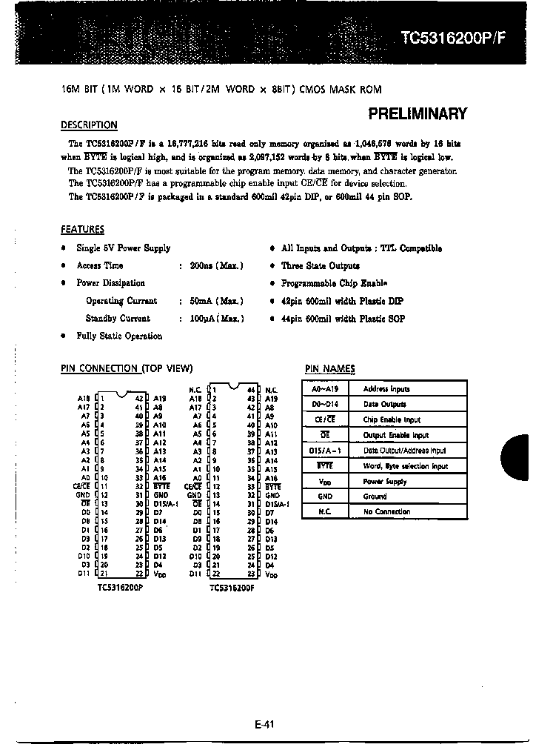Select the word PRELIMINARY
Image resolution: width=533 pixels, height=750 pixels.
coord(418,114)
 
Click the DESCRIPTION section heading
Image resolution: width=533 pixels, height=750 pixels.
coord(88,125)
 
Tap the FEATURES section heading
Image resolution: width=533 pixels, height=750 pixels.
coord(82,230)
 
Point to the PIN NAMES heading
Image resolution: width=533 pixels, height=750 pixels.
coord(329,369)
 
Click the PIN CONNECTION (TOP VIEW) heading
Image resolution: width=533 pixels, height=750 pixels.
coord(126,368)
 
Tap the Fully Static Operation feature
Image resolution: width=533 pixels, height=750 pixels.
coord(119,336)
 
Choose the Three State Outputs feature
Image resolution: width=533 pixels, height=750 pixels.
coord(320,265)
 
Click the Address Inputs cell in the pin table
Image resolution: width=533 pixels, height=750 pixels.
coord(386,389)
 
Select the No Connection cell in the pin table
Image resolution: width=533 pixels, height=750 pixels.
coord(386,512)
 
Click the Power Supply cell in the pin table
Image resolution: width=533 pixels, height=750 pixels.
coord(385,482)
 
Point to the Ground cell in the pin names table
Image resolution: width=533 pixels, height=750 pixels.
coord(375,497)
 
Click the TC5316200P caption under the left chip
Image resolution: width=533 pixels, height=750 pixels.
coord(119,587)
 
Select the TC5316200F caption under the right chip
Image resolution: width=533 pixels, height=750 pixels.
coord(232,587)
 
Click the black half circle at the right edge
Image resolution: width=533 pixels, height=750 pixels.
coord(520,455)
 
